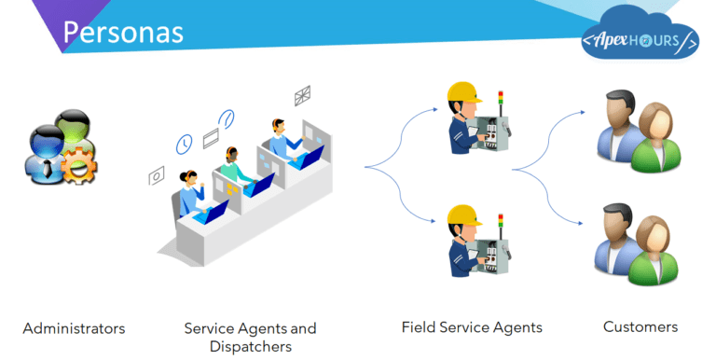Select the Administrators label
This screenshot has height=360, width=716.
74,328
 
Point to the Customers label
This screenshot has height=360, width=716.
640,327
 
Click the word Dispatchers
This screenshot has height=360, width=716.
250,347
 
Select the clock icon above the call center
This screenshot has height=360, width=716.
185,144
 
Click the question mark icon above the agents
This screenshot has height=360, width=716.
227,118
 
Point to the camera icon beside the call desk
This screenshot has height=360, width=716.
157,174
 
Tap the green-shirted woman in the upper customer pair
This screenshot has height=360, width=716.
656,140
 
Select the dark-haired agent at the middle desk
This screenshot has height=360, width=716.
229,166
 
